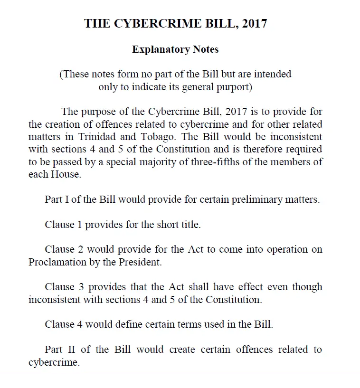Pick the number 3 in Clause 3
click(x=79, y=287)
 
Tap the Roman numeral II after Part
click(x=70, y=350)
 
